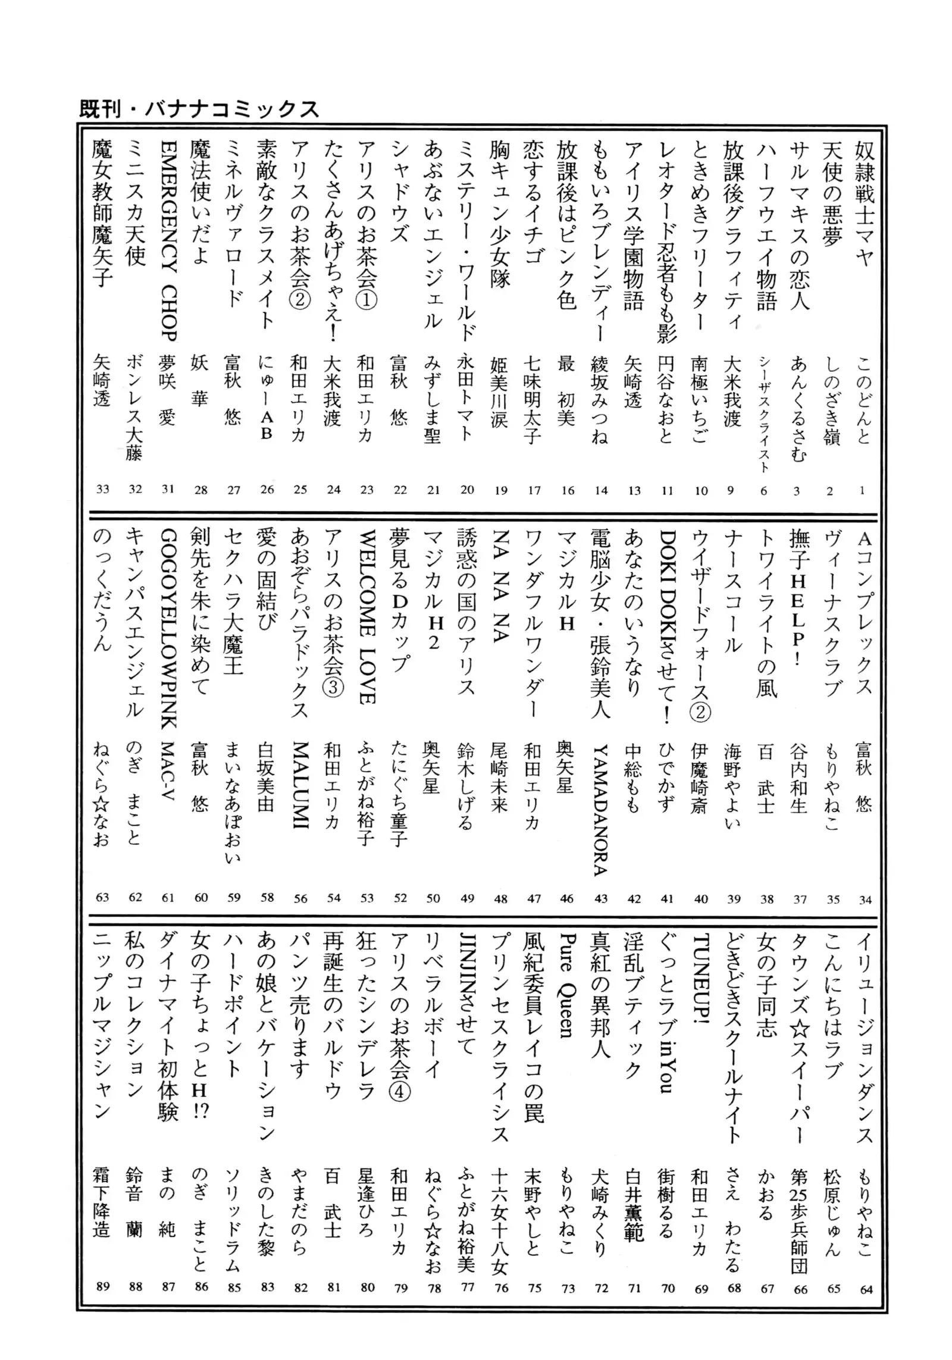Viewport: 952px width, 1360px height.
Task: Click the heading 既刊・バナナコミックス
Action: [199, 109]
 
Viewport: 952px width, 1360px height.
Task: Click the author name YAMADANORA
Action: [600, 809]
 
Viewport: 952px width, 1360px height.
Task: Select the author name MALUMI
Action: [300, 785]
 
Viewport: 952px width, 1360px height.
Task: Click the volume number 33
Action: [102, 489]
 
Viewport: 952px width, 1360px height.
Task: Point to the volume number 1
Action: [862, 491]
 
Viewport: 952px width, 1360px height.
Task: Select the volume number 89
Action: [102, 1286]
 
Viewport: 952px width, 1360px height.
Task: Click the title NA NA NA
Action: [500, 586]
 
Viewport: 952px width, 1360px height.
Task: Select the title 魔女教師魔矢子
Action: [102, 214]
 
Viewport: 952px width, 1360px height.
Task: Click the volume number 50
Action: [433, 898]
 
